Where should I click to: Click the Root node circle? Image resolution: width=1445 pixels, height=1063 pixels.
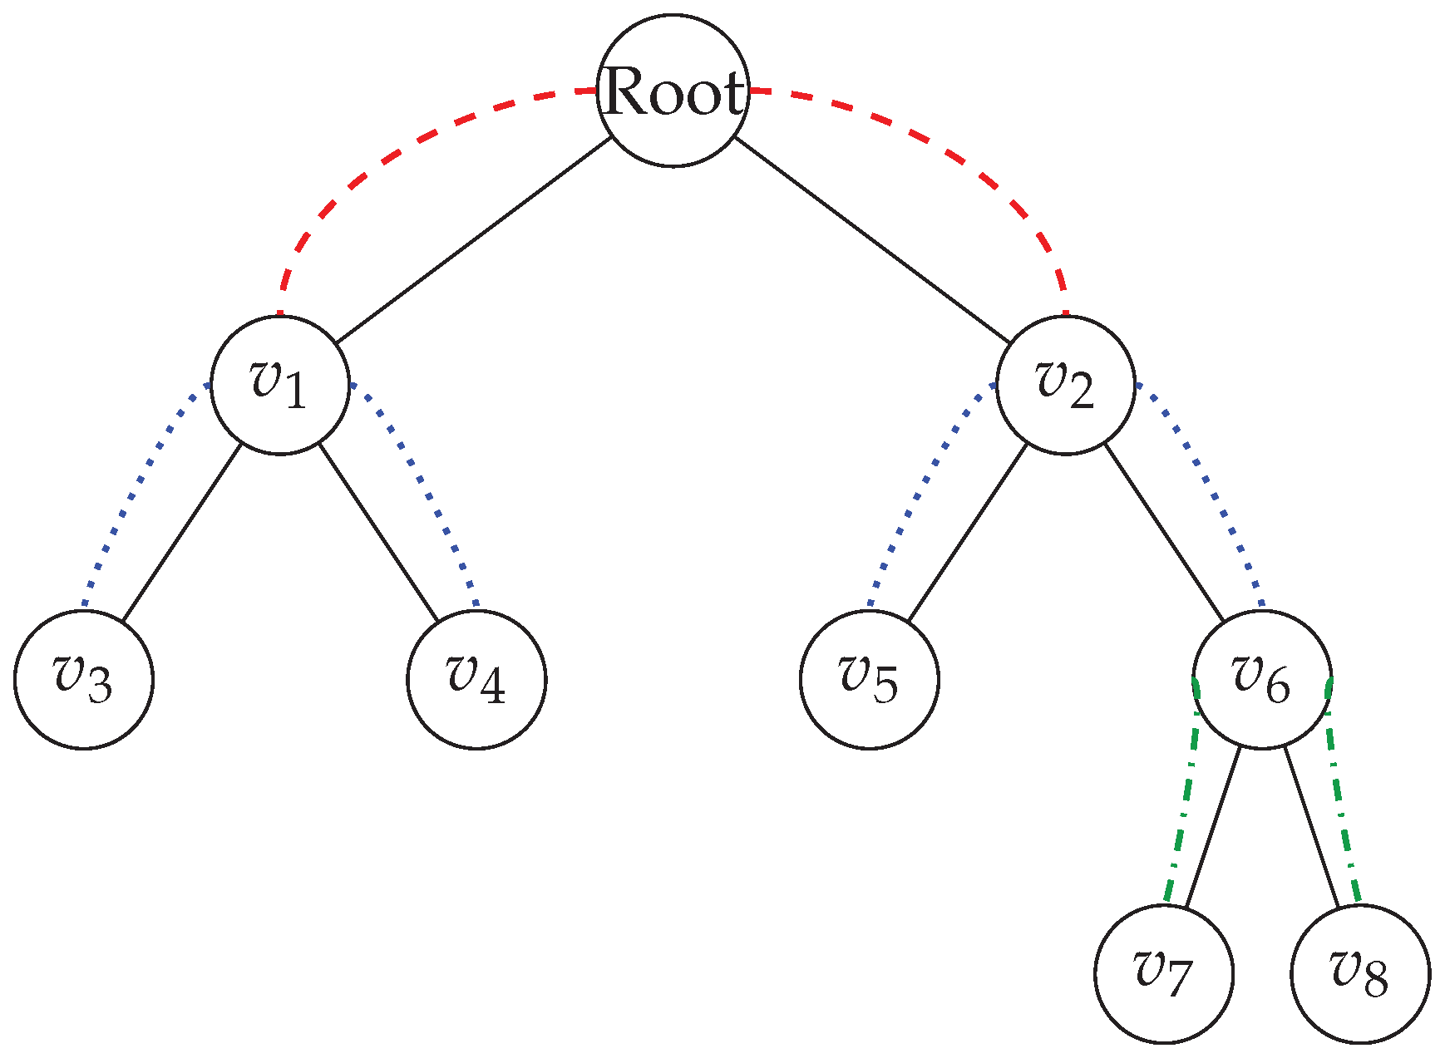point(673,91)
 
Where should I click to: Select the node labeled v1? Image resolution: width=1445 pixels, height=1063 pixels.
point(280,385)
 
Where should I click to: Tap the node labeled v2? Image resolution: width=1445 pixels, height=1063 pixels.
point(1065,385)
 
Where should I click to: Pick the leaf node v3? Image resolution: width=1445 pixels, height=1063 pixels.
point(84,679)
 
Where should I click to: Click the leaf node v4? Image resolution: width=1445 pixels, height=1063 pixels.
point(476,679)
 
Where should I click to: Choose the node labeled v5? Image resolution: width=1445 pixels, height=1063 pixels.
point(870,679)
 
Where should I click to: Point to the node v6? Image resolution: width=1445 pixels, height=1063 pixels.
point(1262,679)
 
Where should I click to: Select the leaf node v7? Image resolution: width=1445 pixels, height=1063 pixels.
point(1164,973)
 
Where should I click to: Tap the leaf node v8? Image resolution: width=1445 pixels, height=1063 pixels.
point(1360,973)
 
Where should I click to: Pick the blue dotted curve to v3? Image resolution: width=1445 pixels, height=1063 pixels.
point(133,490)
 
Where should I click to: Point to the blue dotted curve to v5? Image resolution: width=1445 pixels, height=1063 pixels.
point(919,490)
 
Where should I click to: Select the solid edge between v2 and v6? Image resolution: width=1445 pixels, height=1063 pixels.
point(1164,532)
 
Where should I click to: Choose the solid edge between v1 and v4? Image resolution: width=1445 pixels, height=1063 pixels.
point(378,532)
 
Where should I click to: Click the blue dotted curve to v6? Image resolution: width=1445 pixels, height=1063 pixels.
point(1214,490)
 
